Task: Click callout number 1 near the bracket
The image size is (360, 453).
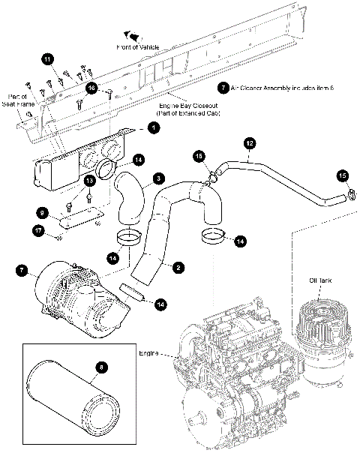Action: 152,129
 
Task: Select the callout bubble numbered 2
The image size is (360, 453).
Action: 178,266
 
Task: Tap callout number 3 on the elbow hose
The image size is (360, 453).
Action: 159,178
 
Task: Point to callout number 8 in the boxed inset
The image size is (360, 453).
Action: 103,366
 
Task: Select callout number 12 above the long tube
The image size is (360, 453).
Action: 250,141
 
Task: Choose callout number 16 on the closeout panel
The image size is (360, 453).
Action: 91,88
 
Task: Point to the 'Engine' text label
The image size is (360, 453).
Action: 148,351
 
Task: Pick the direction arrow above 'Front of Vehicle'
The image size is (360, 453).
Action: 133,34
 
